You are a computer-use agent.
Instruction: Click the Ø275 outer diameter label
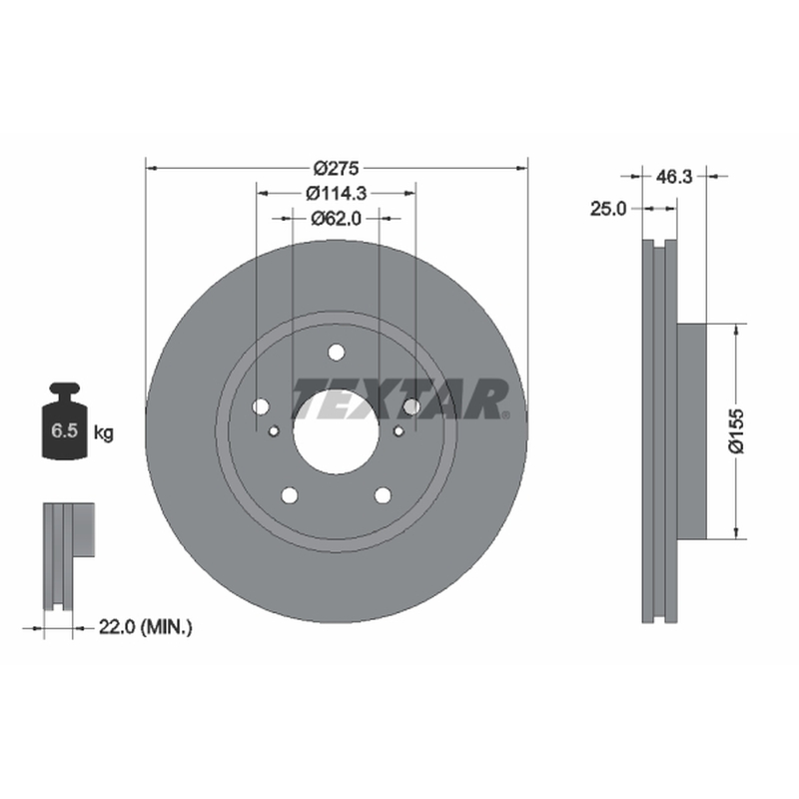(337, 168)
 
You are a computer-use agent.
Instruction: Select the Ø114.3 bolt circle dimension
(337, 193)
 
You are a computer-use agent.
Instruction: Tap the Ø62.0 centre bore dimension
(337, 219)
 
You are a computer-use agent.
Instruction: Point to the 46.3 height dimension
(674, 177)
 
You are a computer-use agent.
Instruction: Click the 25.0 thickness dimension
(608, 209)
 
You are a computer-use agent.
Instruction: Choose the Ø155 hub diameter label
(736, 430)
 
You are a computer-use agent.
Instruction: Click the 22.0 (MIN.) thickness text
(145, 627)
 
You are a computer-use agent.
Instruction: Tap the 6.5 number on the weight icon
(64, 430)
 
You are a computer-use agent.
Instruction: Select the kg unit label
(104, 433)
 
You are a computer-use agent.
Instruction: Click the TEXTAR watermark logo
(400, 399)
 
